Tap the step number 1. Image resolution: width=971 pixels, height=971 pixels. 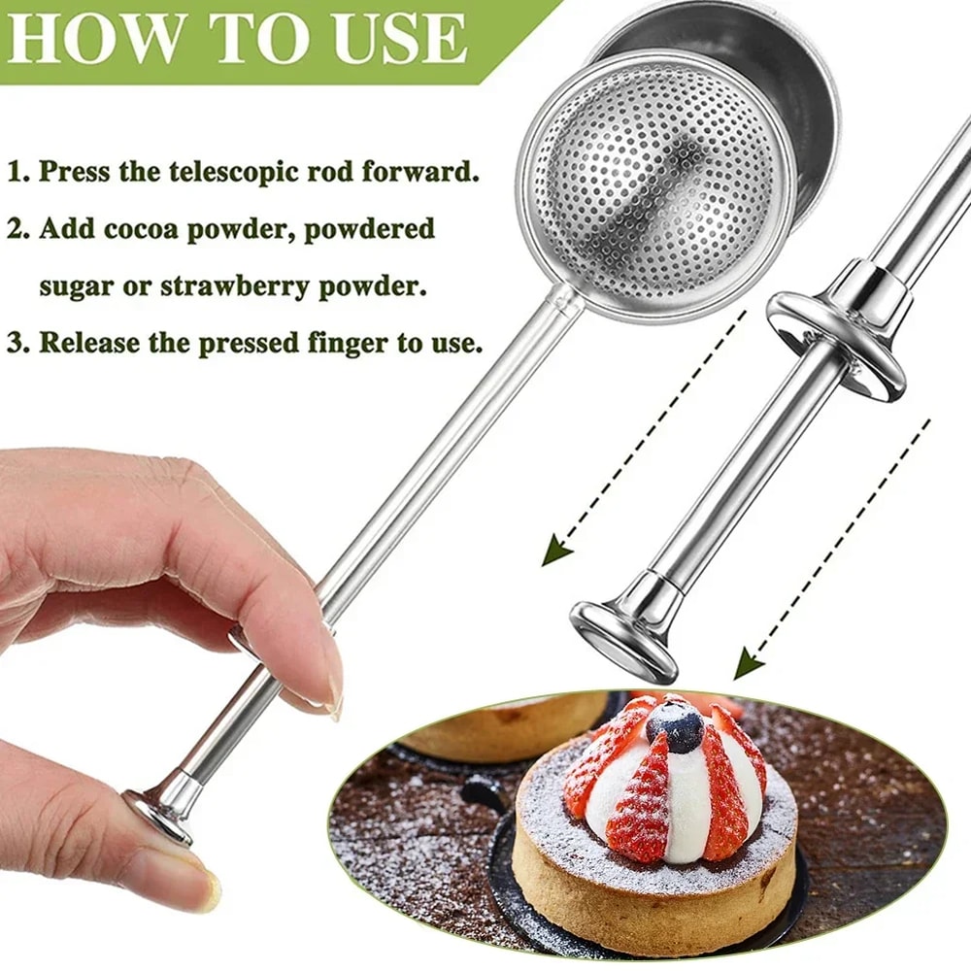[16, 174]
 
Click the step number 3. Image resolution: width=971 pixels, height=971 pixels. [16, 344]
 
